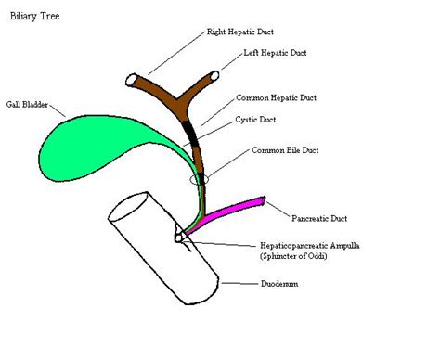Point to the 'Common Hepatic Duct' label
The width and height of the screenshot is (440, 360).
tap(277, 97)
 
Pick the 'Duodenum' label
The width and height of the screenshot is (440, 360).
tap(281, 284)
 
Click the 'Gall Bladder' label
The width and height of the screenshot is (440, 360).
tap(28, 106)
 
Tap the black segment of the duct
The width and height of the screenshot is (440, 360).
tap(193, 135)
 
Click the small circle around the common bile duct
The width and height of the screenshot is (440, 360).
tap(201, 178)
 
